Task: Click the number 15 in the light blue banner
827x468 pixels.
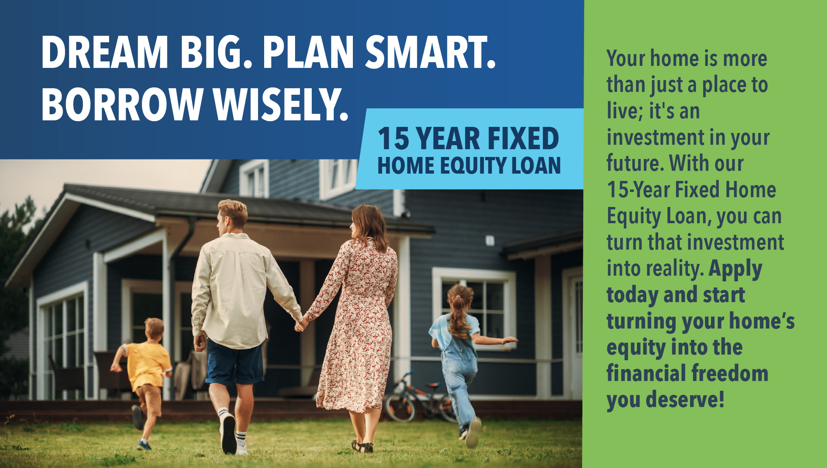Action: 393,139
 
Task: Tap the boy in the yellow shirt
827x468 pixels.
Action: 147,366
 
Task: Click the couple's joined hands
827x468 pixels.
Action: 302,324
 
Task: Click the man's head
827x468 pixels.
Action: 232,215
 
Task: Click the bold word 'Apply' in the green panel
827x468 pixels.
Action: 735,269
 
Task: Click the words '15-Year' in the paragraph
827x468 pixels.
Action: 638,190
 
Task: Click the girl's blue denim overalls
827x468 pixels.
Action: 460,370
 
